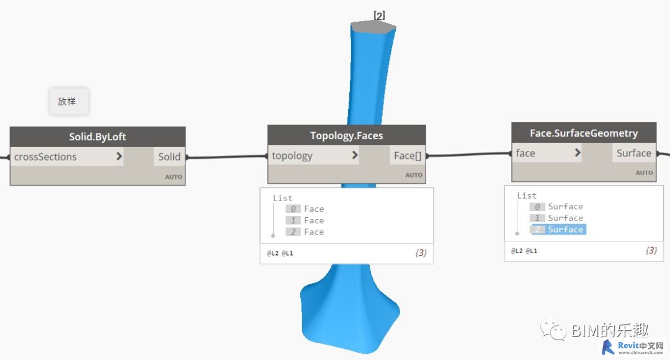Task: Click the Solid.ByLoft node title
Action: [x=97, y=137]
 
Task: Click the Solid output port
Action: [x=169, y=157]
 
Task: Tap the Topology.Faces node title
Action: [x=347, y=135]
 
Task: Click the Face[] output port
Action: [x=407, y=156]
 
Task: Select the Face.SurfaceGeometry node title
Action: [x=584, y=133]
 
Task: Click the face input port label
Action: [x=525, y=153]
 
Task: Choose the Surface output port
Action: [x=633, y=153]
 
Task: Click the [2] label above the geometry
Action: [x=379, y=16]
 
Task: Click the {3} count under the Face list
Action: [x=421, y=253]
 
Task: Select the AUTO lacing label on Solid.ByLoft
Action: [x=174, y=176]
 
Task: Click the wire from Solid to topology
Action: [x=227, y=157]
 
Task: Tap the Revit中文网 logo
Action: [x=633, y=348]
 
